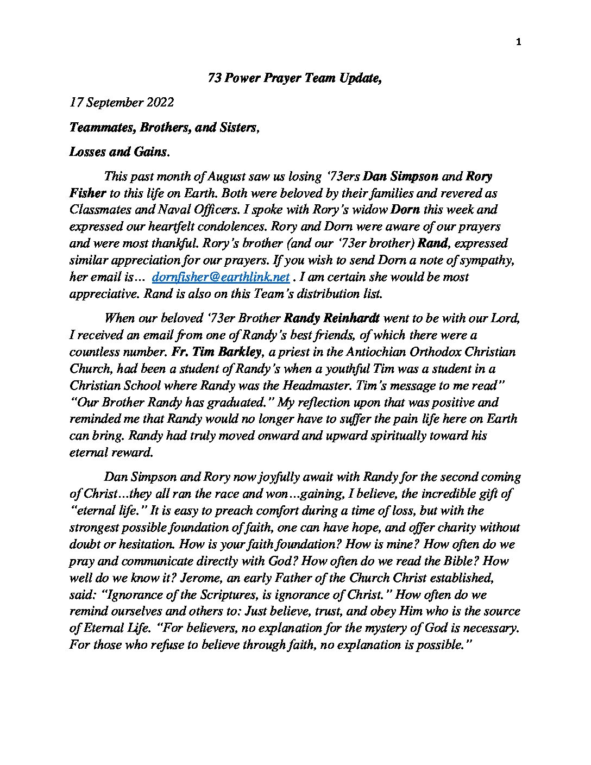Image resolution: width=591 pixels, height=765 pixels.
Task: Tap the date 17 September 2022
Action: click(x=122, y=102)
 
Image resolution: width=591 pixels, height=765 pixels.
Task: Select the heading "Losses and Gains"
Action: click(x=119, y=152)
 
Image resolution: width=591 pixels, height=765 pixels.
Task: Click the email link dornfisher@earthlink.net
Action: click(x=221, y=277)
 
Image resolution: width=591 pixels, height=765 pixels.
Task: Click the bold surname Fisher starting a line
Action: click(x=87, y=193)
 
